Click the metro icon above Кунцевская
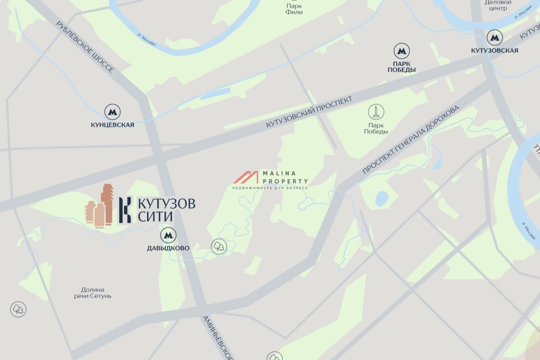(112, 112)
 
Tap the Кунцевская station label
(112, 125)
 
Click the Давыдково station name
(168, 248)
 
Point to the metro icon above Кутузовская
(495, 38)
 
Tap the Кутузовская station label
(495, 50)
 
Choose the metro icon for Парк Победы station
(401, 51)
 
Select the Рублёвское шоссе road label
(85, 46)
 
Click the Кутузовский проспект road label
(309, 112)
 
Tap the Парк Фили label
(294, 9)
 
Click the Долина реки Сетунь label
(93, 293)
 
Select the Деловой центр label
(498, 5)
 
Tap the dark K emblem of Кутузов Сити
(126, 210)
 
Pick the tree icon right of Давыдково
(219, 246)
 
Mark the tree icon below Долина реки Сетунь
(18, 309)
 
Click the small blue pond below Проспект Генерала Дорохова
(382, 198)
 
